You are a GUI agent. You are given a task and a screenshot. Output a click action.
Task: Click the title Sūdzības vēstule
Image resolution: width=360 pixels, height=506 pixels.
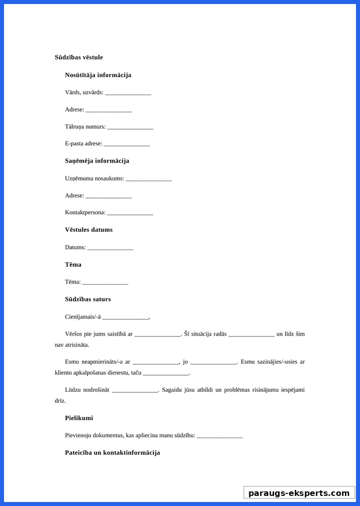[78, 57]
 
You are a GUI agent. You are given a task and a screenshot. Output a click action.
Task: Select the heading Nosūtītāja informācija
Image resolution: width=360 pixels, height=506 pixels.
[98, 75]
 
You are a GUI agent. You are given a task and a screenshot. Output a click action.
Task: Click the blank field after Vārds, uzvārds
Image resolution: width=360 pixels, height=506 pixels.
[128, 93]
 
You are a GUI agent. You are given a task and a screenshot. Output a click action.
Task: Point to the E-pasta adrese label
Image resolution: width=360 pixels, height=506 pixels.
[83, 144]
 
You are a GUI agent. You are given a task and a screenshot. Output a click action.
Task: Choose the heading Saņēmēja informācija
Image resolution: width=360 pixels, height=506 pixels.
[97, 161]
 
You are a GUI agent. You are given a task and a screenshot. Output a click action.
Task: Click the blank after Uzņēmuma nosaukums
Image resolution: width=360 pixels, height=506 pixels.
[149, 179]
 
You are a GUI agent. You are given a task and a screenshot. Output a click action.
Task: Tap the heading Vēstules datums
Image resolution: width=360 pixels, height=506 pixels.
[88, 230]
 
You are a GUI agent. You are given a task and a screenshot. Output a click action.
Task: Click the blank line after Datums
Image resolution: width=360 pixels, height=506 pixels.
[110, 248]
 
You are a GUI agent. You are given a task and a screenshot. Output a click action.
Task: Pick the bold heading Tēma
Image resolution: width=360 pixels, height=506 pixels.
[73, 265]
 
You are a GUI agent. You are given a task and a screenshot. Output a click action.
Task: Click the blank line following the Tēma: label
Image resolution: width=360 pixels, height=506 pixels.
[105, 282]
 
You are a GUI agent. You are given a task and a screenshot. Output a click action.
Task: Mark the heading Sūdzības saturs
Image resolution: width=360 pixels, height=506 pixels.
[87, 299]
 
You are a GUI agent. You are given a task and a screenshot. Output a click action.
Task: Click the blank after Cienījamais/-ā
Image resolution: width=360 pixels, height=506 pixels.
[126, 317]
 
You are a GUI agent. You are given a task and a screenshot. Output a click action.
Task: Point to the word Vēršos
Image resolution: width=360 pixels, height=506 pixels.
[74, 334]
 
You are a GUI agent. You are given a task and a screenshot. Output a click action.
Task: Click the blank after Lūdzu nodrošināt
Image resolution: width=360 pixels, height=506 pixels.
[135, 390]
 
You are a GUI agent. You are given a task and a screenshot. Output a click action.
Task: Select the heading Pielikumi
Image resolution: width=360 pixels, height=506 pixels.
[79, 418]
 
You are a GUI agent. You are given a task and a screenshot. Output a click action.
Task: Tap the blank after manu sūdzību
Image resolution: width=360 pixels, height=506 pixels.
[220, 436]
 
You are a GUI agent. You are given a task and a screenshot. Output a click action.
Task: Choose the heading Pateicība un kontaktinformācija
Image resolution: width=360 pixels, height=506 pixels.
[112, 453]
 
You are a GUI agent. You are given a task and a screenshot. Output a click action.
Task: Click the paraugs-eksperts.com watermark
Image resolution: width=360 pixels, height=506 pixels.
[299, 493]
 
